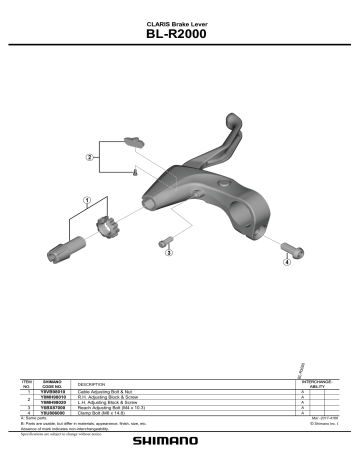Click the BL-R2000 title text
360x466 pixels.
(180, 39)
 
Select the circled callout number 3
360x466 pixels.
(169, 253)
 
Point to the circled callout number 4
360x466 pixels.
(287, 263)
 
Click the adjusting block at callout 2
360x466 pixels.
(130, 144)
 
